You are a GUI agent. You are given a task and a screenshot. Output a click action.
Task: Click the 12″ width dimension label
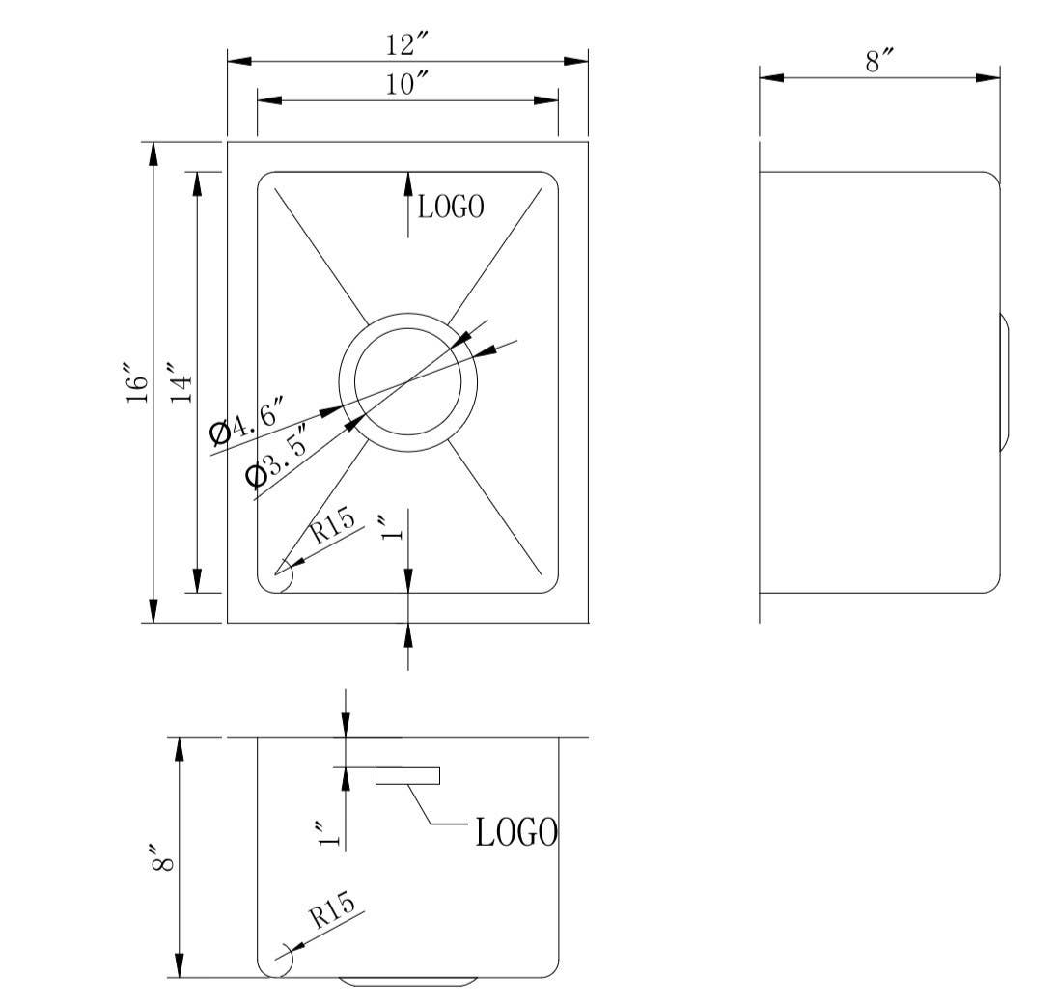(x=407, y=45)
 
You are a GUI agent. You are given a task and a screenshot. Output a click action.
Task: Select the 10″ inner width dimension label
(x=407, y=84)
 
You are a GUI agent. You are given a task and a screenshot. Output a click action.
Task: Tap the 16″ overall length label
(x=137, y=383)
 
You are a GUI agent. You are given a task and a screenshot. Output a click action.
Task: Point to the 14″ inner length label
(x=181, y=383)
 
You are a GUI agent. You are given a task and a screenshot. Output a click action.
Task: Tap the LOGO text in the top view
(x=451, y=207)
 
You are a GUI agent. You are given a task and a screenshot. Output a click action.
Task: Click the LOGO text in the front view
(x=517, y=832)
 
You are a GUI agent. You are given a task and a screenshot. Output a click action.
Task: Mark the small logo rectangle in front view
(x=407, y=776)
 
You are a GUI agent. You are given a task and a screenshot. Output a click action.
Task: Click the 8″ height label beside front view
(x=162, y=856)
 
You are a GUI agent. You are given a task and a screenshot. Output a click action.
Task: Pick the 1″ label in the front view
(x=329, y=834)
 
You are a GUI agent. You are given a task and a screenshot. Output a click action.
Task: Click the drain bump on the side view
(x=1005, y=381)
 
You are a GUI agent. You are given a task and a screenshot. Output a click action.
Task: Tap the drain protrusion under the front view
(x=408, y=982)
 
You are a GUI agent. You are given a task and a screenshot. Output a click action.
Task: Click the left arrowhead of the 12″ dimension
(x=239, y=62)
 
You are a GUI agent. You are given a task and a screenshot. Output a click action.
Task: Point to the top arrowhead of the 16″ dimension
(x=153, y=154)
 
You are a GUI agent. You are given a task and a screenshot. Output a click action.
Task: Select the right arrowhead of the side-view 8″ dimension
(x=988, y=77)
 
